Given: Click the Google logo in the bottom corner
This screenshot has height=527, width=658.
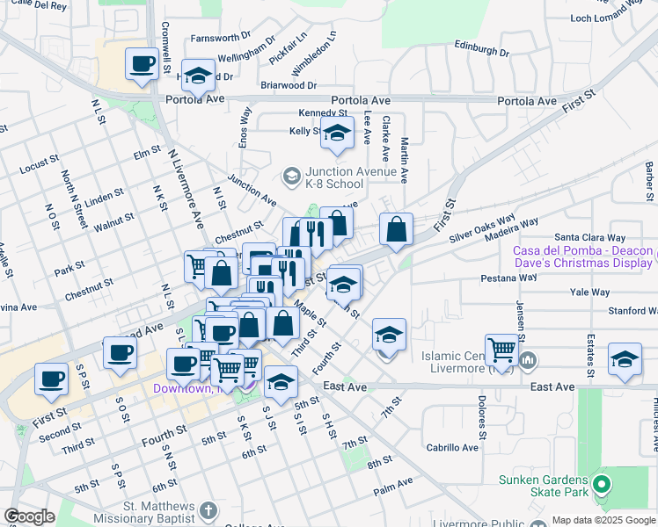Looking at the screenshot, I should [x=30, y=516].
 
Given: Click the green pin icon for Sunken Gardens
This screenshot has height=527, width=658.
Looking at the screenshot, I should [x=602, y=484].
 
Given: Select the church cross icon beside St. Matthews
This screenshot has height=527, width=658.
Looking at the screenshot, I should [x=208, y=511].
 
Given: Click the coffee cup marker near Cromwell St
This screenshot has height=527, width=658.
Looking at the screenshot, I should [x=143, y=64].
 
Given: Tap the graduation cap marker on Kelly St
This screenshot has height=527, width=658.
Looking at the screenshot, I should [x=337, y=134].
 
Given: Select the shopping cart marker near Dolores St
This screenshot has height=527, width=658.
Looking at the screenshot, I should [x=501, y=349].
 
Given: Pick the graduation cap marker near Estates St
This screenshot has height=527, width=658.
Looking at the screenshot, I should [x=625, y=360].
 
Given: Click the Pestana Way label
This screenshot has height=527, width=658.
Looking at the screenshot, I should [x=508, y=278].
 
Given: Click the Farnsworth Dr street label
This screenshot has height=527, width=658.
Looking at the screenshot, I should [x=221, y=39].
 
